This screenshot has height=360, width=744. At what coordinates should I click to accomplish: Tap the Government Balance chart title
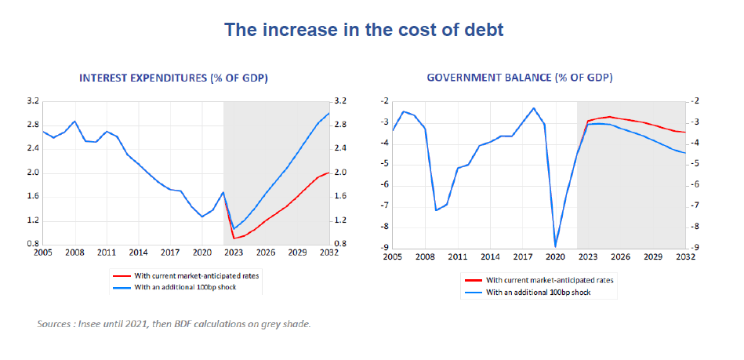[520, 78]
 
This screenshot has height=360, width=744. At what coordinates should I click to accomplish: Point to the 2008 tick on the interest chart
[74, 253]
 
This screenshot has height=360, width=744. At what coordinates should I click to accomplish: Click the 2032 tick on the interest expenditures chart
[329, 253]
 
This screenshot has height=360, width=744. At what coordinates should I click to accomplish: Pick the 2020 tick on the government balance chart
[556, 256]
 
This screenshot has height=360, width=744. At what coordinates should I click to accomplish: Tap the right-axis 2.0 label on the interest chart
[341, 173]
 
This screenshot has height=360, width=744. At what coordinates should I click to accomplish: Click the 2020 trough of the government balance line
[556, 246]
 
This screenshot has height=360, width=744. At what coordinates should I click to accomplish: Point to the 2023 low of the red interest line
[234, 238]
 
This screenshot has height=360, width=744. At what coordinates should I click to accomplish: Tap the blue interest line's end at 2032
[329, 113]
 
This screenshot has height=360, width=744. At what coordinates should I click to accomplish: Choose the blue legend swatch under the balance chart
[473, 291]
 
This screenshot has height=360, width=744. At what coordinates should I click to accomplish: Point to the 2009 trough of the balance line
[436, 209]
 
